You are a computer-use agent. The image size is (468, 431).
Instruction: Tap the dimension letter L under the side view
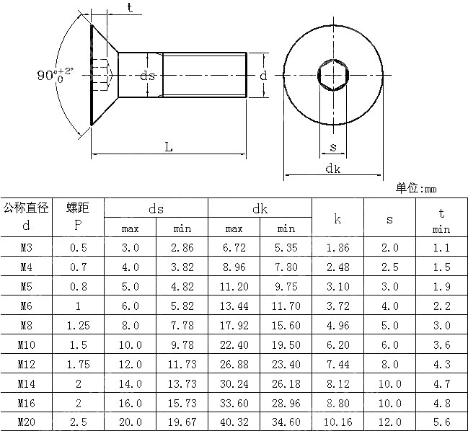(x=168, y=147)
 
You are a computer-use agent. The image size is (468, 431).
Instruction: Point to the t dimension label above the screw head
(x=129, y=8)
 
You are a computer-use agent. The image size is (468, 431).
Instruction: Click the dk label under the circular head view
(x=332, y=169)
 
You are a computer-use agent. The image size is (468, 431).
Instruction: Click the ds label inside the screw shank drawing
(x=147, y=75)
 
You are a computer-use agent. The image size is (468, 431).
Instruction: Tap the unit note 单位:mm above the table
(x=416, y=189)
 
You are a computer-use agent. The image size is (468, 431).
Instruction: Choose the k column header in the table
(x=337, y=218)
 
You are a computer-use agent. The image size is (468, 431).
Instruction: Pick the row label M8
(x=26, y=325)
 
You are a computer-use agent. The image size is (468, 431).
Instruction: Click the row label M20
(x=26, y=422)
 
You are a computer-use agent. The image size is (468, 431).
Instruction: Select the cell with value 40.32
(x=234, y=422)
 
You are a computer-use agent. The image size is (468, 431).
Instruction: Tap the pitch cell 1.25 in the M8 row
(x=78, y=325)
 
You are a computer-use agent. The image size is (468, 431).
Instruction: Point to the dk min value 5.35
(x=286, y=247)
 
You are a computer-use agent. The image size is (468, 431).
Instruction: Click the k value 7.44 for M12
(x=337, y=364)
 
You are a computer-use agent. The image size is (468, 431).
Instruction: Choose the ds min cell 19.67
(x=182, y=422)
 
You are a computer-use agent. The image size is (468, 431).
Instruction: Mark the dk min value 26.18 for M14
(x=286, y=383)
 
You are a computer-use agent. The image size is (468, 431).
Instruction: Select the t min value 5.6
(x=441, y=422)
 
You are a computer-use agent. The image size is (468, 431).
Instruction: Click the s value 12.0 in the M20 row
(x=389, y=422)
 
